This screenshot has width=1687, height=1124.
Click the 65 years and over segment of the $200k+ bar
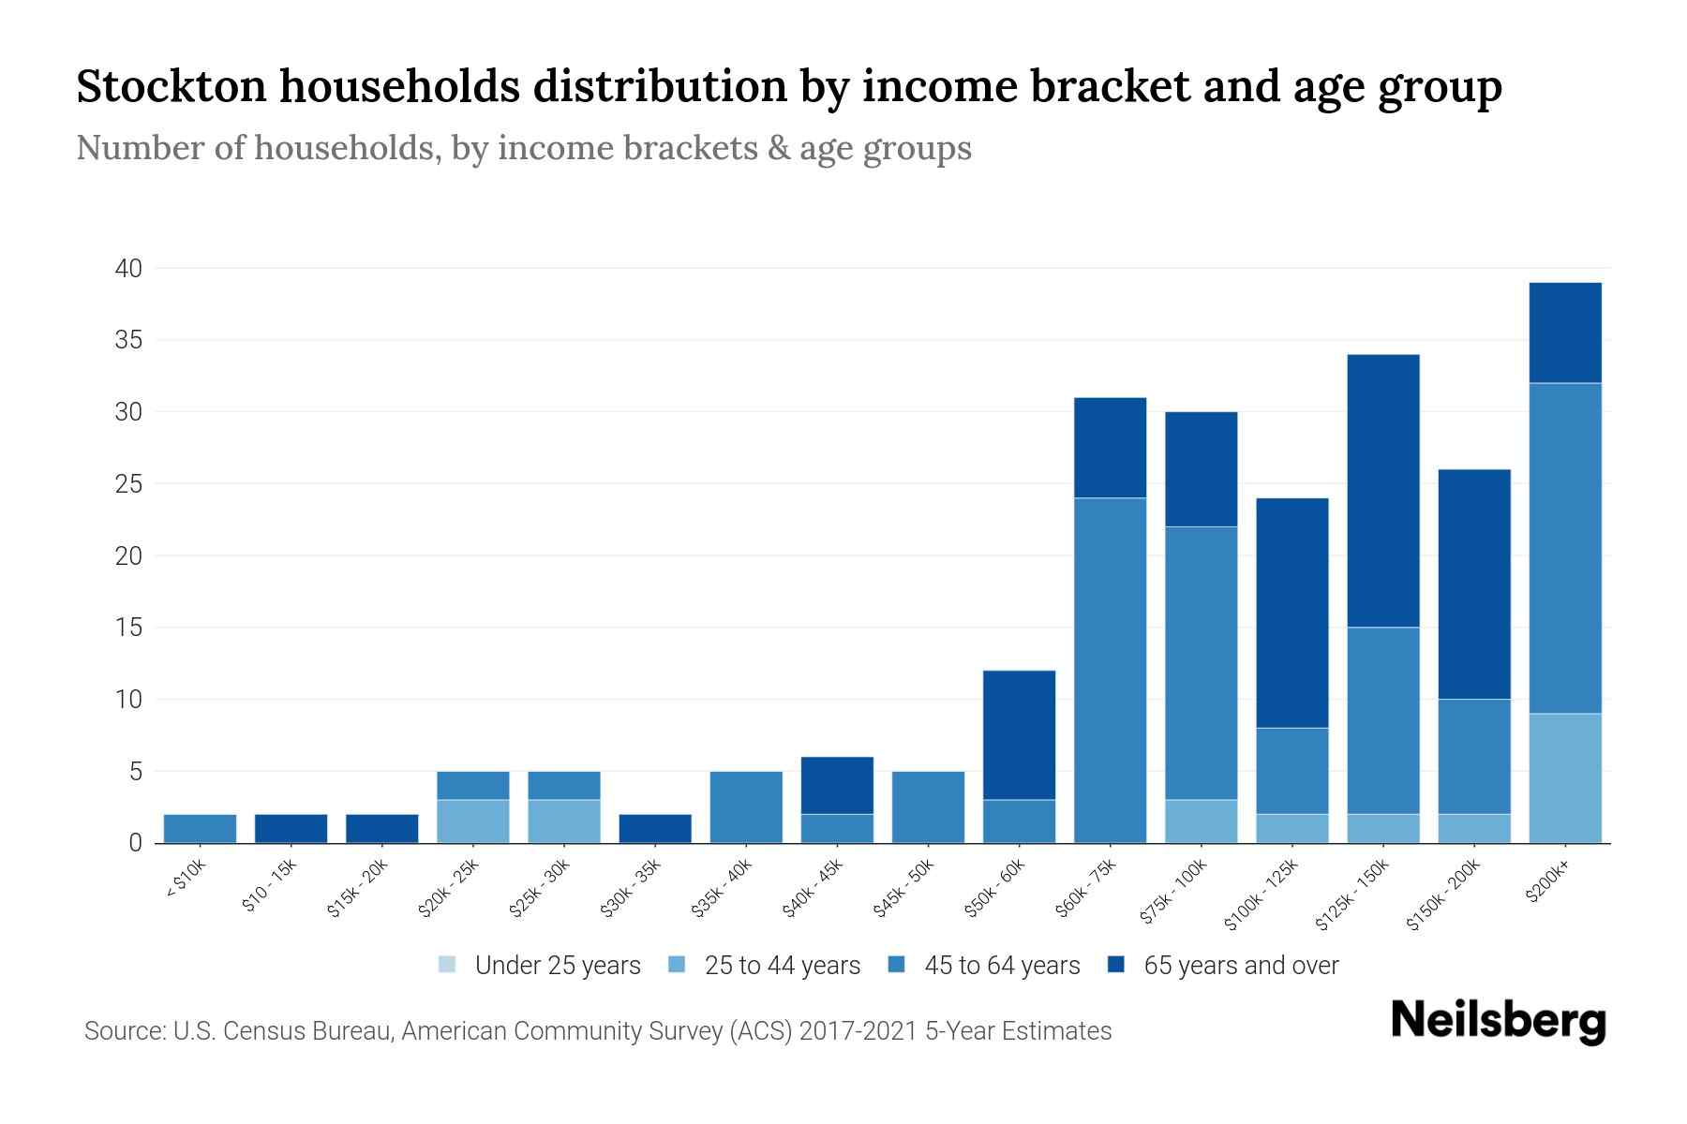[1564, 333]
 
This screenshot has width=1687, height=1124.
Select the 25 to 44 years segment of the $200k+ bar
[1564, 778]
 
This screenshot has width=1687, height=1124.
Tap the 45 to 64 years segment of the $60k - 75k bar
[1110, 670]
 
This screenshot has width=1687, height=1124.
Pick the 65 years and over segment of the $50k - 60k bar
[1019, 735]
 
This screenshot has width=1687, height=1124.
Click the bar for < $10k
[200, 829]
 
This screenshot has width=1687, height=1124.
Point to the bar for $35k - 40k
[746, 807]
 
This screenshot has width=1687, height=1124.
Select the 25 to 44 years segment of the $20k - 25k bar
[472, 821]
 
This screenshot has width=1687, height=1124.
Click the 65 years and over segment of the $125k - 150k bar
[1382, 491]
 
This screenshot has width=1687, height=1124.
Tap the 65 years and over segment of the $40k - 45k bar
[837, 786]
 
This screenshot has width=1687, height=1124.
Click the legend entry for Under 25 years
[539, 966]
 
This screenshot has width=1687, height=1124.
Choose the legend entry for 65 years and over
[1223, 966]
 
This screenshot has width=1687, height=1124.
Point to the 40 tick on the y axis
[128, 269]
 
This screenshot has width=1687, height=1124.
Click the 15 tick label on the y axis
[128, 628]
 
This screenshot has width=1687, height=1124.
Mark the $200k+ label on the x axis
[1548, 882]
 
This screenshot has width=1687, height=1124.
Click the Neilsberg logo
[1498, 1021]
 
